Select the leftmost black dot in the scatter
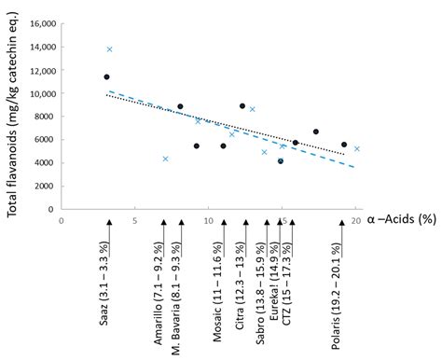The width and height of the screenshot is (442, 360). coord(106,76)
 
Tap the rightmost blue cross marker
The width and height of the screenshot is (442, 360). coord(357,148)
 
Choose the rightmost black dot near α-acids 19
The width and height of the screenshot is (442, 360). coord(344,145)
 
